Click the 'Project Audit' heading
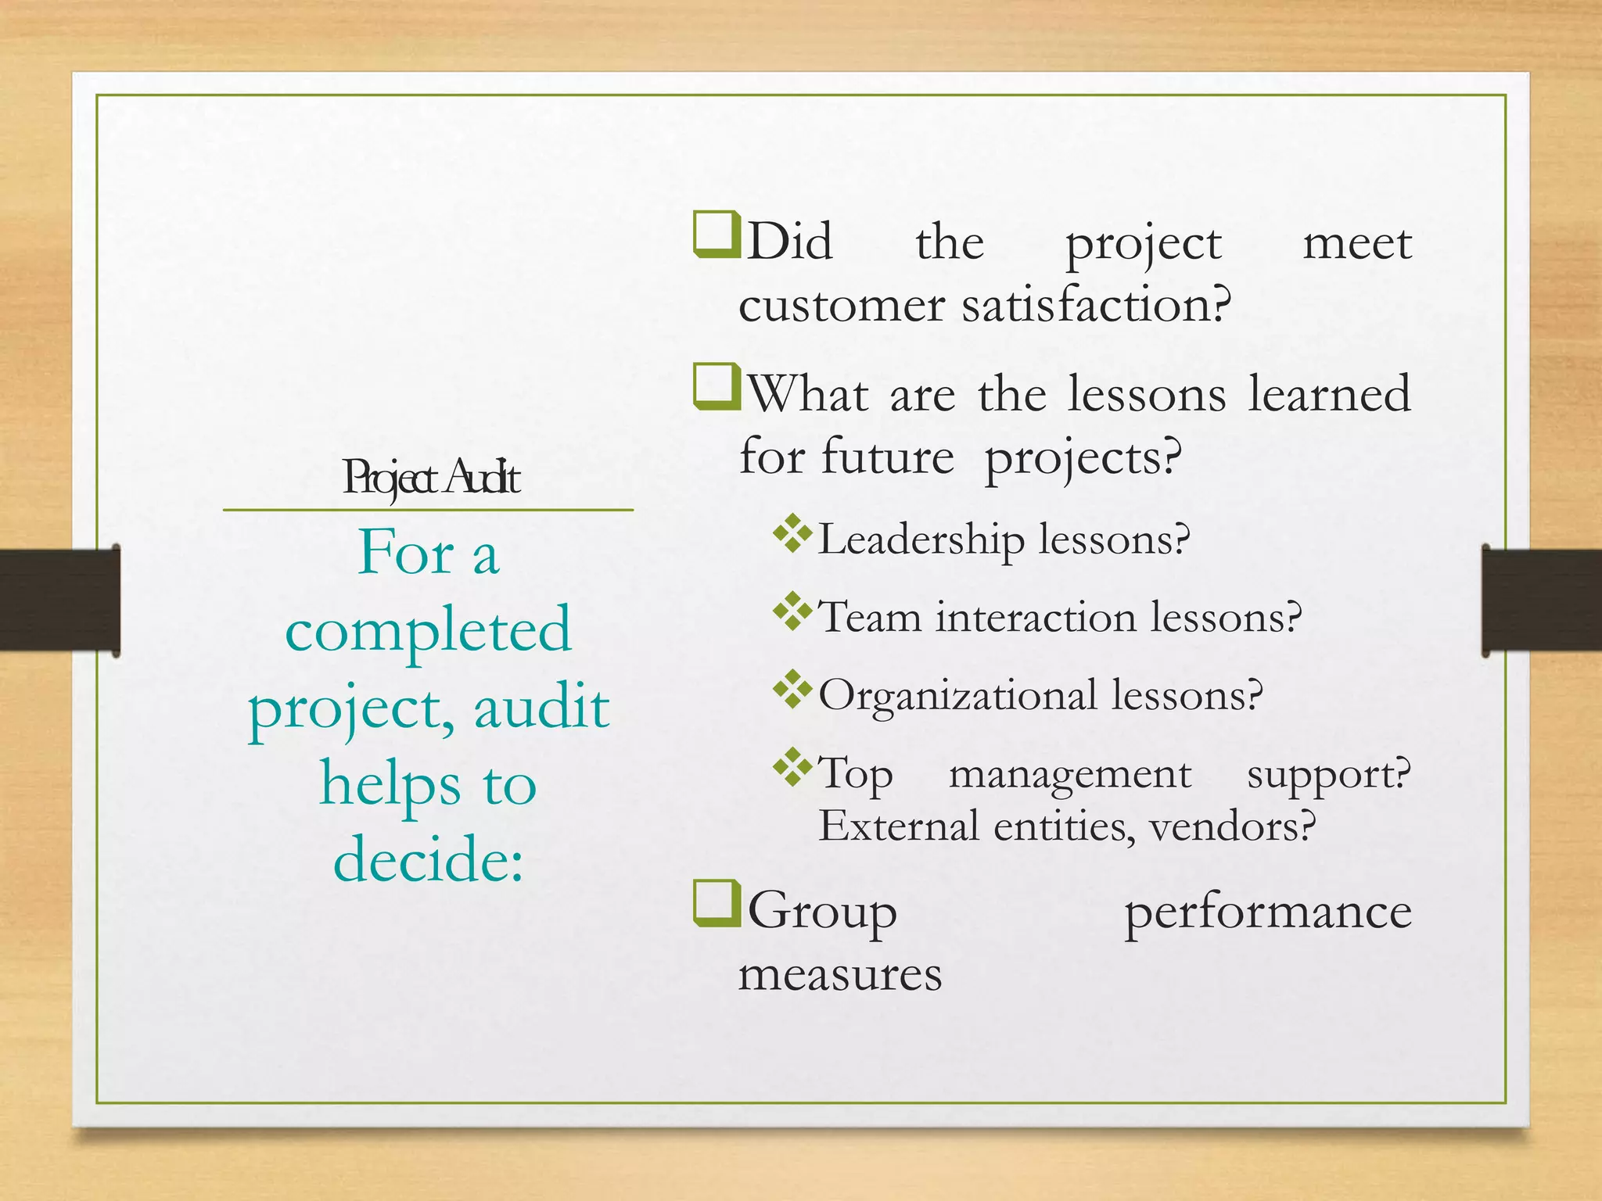click(431, 477)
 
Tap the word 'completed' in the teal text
click(428, 630)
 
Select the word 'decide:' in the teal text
click(428, 859)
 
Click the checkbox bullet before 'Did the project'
click(716, 234)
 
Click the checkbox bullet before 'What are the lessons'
click(716, 386)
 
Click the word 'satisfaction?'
click(1097, 305)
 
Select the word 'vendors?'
click(1233, 826)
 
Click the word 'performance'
click(1267, 913)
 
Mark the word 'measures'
click(841, 975)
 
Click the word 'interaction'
click(1036, 617)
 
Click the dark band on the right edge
click(1542, 600)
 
